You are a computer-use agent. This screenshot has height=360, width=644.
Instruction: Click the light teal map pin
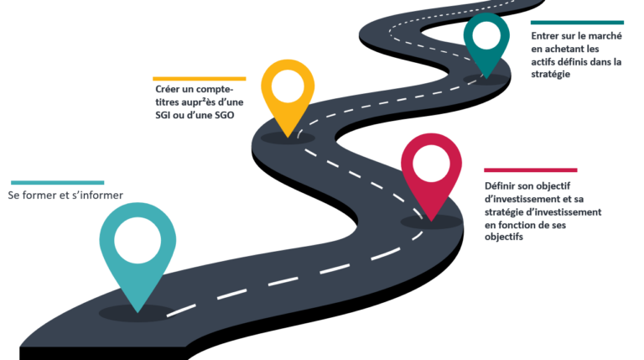(x=138, y=252)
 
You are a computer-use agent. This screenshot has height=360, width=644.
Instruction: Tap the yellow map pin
(x=287, y=92)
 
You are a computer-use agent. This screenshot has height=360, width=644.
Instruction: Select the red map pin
(x=431, y=172)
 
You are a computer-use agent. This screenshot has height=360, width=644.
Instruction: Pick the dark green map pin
(x=486, y=42)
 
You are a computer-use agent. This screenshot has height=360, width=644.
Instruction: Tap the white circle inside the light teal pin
(x=138, y=238)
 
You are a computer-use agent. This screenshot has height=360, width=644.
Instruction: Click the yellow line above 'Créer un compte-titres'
(x=200, y=78)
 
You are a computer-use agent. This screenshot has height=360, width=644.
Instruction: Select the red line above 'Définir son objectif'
(x=530, y=170)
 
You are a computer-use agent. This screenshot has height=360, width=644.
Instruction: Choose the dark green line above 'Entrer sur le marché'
(x=577, y=23)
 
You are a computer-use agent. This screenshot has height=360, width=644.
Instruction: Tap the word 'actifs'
(x=545, y=62)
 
